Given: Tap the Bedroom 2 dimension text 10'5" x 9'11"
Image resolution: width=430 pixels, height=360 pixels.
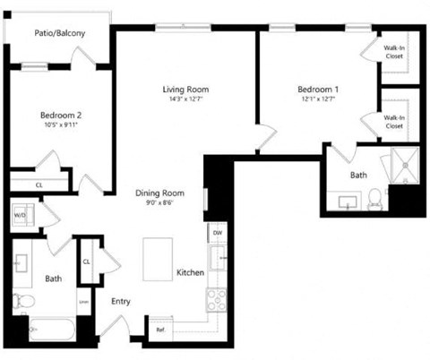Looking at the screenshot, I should [61, 125].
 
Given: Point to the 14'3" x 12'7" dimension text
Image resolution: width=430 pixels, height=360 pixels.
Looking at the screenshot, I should [185, 99].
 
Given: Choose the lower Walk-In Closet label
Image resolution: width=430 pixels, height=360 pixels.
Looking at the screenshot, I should [393, 122].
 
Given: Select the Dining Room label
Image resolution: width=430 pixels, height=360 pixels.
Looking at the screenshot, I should [159, 193].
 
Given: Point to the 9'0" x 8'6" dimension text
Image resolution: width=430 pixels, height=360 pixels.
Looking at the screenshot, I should [159, 203].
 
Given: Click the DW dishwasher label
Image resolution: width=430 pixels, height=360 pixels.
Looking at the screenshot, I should [217, 232].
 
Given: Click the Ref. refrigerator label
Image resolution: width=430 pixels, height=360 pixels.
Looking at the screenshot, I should [161, 330].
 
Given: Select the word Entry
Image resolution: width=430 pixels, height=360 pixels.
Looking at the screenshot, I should [121, 301].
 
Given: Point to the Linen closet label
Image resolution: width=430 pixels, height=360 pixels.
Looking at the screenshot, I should [83, 301].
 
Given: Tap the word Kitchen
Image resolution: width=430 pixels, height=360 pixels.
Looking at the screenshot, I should [190, 272].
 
